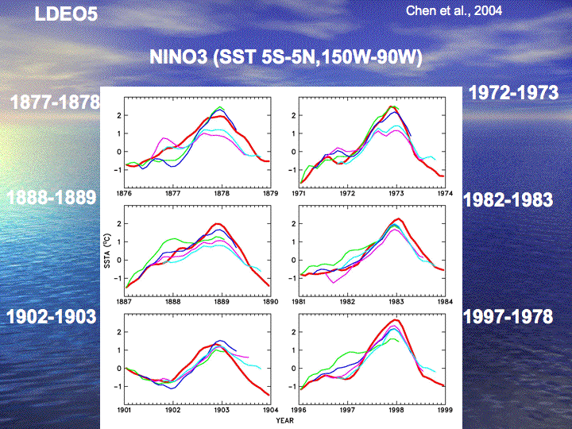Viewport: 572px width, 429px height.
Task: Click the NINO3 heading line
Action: point(285,58)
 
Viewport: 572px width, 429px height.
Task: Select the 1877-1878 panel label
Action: point(55,102)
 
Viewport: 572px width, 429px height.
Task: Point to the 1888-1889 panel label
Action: point(52,198)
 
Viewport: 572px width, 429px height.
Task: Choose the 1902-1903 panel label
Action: point(52,317)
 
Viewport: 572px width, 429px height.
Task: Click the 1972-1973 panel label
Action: point(513,92)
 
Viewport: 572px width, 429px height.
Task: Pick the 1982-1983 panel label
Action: point(507,199)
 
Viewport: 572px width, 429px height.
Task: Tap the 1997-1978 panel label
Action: point(507,317)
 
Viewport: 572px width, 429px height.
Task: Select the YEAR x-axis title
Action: point(284,421)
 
